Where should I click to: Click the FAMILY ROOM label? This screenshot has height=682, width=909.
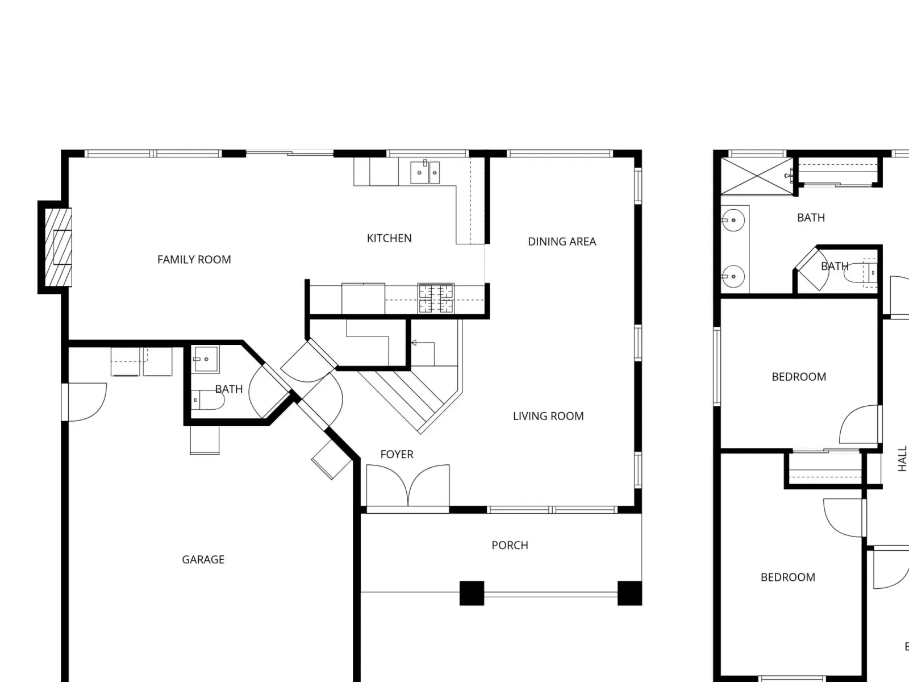coord(194,260)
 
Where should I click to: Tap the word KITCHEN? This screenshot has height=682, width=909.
coord(389,239)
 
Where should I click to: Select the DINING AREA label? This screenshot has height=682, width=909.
coord(562,242)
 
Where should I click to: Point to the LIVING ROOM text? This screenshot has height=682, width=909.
coord(548,416)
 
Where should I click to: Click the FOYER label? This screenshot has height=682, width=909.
coord(397,455)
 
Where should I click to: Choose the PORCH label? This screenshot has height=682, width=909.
coord(510,546)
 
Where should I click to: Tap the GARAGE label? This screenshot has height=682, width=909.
coord(203,560)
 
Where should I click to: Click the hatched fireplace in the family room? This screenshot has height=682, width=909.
coord(58,247)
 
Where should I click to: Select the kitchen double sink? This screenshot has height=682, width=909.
coord(425,172)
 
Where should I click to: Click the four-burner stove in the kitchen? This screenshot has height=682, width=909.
coord(436,298)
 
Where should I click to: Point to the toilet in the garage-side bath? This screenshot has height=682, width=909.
coord(207,400)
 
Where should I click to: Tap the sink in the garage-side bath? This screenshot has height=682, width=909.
coord(206,359)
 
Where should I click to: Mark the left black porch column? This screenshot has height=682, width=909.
coord(472,593)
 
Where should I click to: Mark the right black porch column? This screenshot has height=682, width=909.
coord(629,593)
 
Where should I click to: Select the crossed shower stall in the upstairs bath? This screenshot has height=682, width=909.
coord(757,176)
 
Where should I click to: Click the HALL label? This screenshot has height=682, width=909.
coord(902,459)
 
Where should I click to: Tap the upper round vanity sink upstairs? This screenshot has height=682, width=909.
coord(733,220)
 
